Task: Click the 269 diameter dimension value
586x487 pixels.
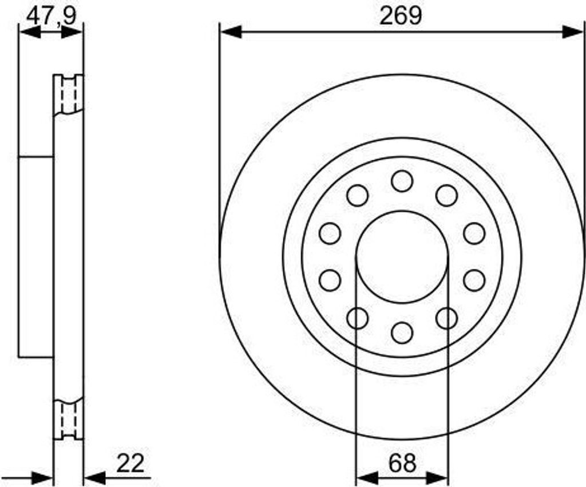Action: coord(401,16)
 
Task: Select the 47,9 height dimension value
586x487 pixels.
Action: coord(52,15)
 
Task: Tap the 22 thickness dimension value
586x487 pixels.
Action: coord(130,463)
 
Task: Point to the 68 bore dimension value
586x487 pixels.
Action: coord(402,463)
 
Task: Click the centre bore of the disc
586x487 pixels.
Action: coord(402,257)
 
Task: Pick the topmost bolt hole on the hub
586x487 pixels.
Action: coord(402,181)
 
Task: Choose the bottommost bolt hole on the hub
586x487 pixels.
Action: coord(402,332)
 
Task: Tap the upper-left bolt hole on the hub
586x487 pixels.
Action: coord(357,195)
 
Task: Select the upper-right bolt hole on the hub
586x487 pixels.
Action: coord(446,195)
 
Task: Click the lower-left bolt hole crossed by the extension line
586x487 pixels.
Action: coord(357,318)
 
